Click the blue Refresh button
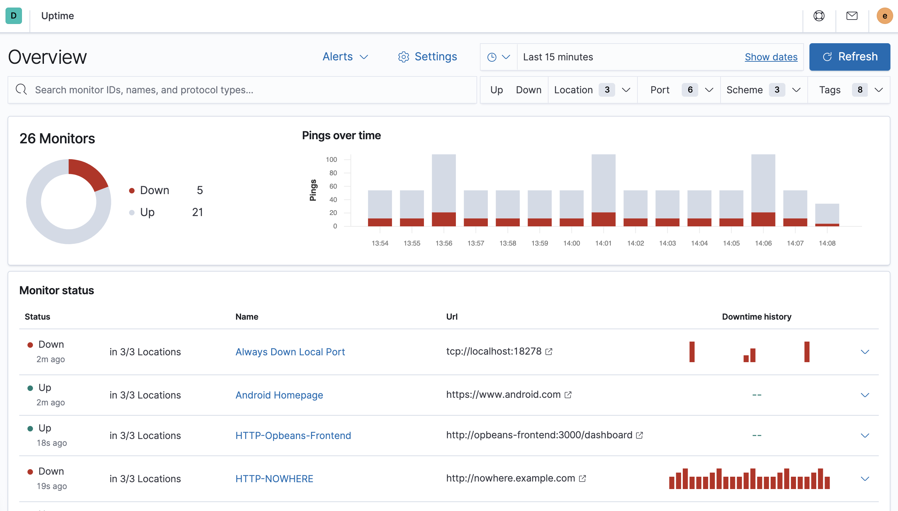[849, 57]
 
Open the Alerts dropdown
[345, 57]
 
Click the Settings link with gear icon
[427, 57]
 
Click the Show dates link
[771, 57]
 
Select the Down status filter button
[528, 90]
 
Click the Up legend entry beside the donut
[147, 212]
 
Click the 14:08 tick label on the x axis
[827, 243]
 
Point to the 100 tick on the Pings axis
[331, 160]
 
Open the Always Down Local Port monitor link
[290, 352]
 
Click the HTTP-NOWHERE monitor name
[274, 479]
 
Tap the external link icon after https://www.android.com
[568, 395]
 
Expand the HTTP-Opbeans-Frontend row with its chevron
[865, 436]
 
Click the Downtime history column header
[757, 317]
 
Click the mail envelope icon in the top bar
[852, 16]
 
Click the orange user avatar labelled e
[884, 16]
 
